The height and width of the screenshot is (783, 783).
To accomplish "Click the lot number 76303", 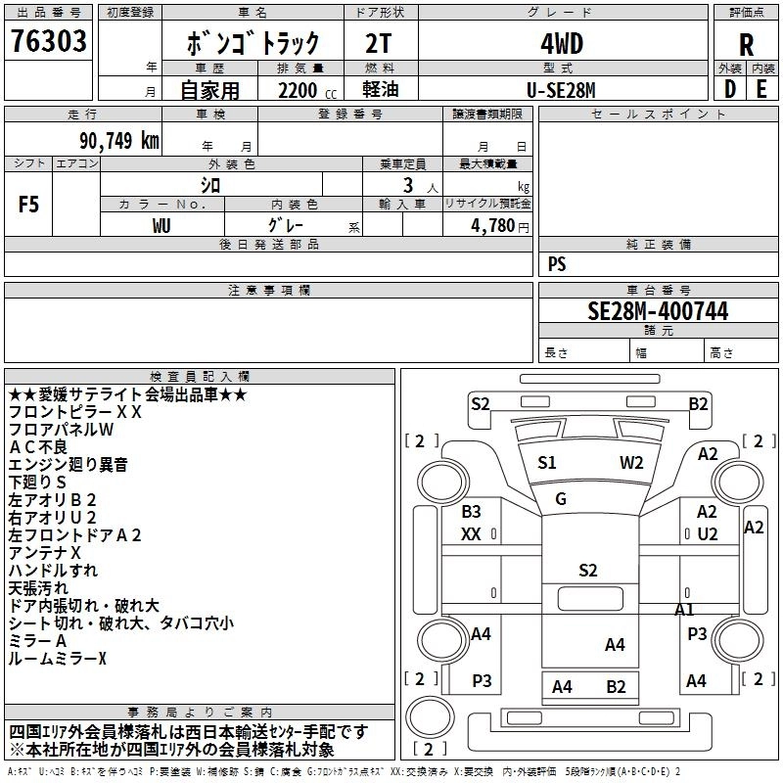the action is pyautogui.click(x=49, y=41).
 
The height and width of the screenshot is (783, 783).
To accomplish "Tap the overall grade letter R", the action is pyautogui.click(x=746, y=44).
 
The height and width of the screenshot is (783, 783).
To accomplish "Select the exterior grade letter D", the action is pyautogui.click(x=730, y=88).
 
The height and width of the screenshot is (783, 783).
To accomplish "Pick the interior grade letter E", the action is pyautogui.click(x=761, y=88).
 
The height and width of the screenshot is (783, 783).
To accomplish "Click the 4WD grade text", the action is pyautogui.click(x=562, y=44).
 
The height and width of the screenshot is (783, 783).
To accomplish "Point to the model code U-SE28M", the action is pyautogui.click(x=562, y=89).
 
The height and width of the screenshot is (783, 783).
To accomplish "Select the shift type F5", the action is pyautogui.click(x=28, y=205).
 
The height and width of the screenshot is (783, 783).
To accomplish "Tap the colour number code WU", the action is pyautogui.click(x=161, y=225).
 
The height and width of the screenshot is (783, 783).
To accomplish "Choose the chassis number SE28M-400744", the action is pyautogui.click(x=658, y=311).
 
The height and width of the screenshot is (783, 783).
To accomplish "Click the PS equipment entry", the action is pyautogui.click(x=557, y=264).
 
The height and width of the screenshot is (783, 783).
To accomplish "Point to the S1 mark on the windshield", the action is pyautogui.click(x=547, y=463).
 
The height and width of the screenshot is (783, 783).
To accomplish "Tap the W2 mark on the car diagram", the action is pyautogui.click(x=631, y=463).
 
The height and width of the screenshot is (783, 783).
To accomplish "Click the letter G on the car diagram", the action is pyautogui.click(x=561, y=499).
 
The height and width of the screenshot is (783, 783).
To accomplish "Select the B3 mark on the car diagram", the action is pyautogui.click(x=472, y=512).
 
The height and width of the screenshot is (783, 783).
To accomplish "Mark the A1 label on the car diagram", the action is pyautogui.click(x=685, y=609).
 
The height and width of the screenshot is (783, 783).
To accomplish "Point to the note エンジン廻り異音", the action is pyautogui.click(x=68, y=465).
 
